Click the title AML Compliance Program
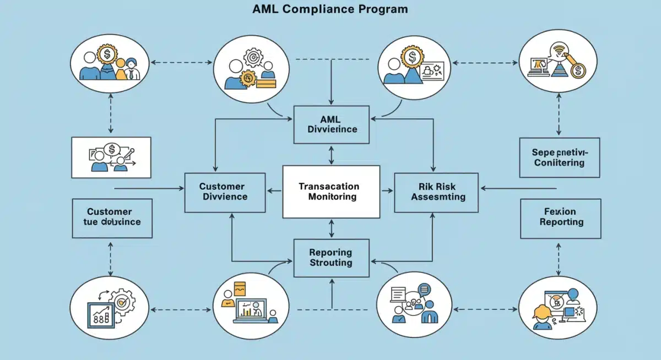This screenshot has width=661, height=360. coord(330,9)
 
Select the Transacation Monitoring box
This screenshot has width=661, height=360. coord(330,192)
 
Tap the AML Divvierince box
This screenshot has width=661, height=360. coord(330,124)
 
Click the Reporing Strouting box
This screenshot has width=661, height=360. coord(330,258)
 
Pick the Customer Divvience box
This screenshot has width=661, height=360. coord(224,192)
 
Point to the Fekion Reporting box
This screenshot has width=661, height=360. coord(561,217)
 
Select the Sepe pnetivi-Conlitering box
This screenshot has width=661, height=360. coord(559,157)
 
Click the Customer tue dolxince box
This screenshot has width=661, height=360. coord(112,218)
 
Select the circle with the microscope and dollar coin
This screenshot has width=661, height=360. coord(558,61)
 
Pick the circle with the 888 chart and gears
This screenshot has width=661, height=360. coord(109,308)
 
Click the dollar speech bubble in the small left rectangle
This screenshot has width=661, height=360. coord(112,149)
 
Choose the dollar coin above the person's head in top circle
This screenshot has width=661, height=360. coord(411,56)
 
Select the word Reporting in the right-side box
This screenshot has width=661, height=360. coord(561,222)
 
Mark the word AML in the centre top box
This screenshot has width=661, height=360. coord(330,119)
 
